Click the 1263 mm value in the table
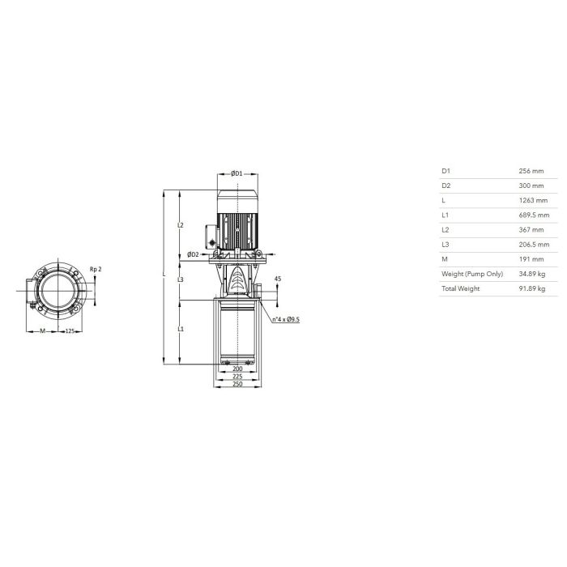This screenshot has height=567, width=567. click(533, 200)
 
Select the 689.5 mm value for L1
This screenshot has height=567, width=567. click(534, 215)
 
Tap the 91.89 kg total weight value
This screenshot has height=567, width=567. click(532, 288)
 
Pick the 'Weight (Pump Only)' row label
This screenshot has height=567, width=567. click(472, 274)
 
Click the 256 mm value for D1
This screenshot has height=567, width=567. click(531, 171)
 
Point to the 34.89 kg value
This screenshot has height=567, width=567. click(532, 274)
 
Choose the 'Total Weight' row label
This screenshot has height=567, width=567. click(460, 288)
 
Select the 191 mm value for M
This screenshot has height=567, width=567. click(531, 259)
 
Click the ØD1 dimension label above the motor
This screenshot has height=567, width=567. click(237, 173)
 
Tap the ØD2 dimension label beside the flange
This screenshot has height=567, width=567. click(193, 254)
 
